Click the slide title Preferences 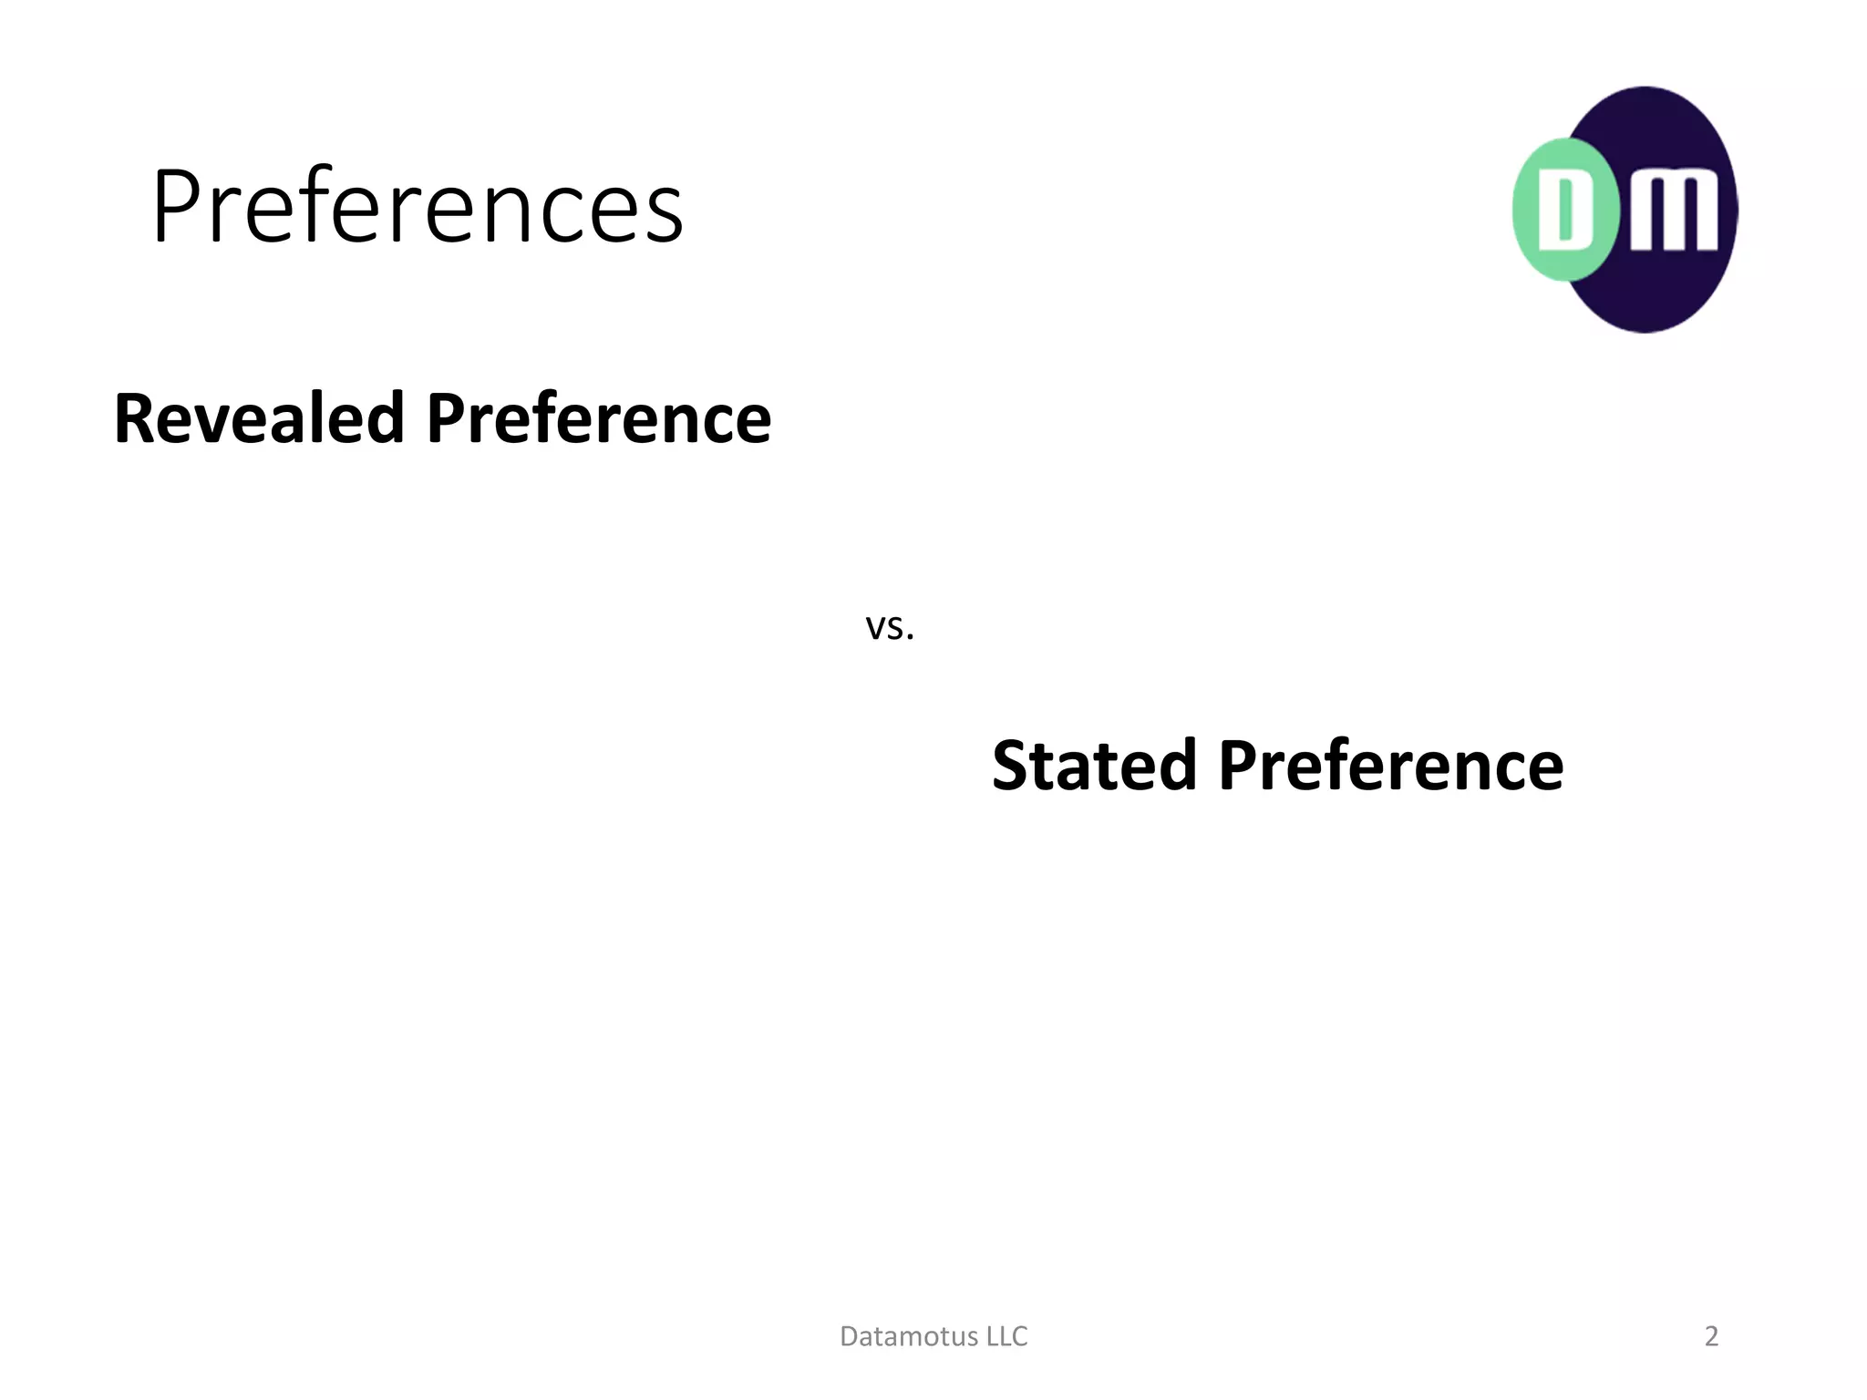coord(418,208)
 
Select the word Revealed coord(259,419)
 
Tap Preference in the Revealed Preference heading coord(599,419)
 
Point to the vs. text coord(889,627)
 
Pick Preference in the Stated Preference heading coord(1390,766)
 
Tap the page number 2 coord(1711,1336)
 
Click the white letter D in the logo coord(1564,210)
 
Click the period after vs coord(910,638)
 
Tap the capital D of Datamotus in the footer coord(848,1336)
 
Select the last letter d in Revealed coord(386,419)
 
